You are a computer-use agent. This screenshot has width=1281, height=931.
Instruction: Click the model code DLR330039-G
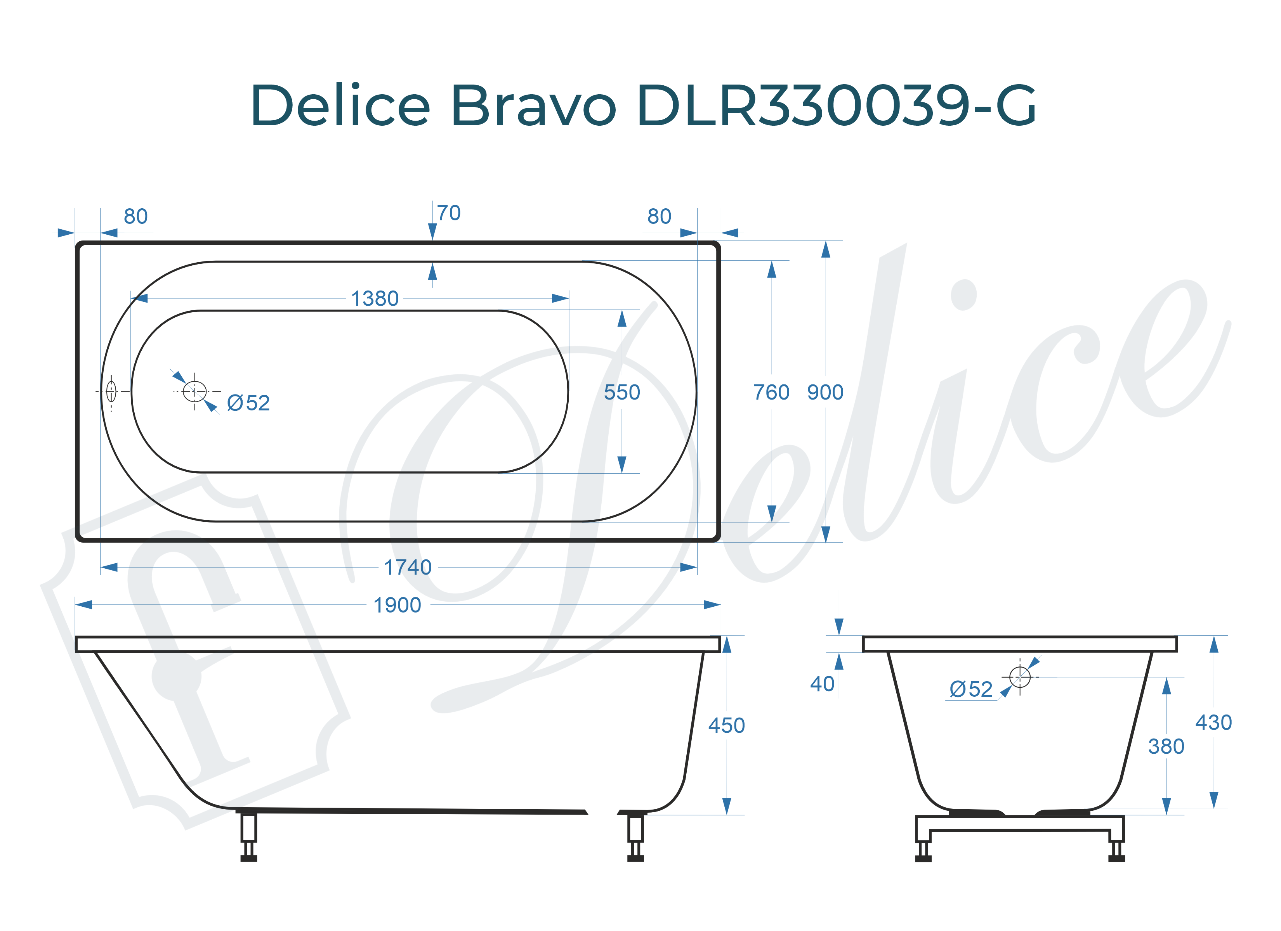(836, 106)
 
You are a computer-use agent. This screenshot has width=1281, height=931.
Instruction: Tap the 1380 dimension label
(375, 299)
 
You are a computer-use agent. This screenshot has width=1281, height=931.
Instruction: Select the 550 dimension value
(622, 393)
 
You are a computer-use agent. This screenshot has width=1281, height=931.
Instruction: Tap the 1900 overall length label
(397, 605)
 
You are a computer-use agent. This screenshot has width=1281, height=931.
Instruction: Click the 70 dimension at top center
(448, 213)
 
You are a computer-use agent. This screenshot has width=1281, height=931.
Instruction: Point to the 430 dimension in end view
(1213, 723)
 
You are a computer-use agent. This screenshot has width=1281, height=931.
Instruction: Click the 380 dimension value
(1166, 747)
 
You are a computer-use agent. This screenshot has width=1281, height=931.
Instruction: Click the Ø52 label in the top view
(248, 403)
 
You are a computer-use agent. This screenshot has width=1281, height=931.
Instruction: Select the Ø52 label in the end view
(971, 689)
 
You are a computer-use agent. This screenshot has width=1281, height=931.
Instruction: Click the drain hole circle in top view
(195, 391)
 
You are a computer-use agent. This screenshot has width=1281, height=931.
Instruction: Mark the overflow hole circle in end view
(1019, 677)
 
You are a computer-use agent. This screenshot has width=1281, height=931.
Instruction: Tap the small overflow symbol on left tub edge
(111, 391)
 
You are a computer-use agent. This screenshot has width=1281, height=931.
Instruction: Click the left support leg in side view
(248, 836)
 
